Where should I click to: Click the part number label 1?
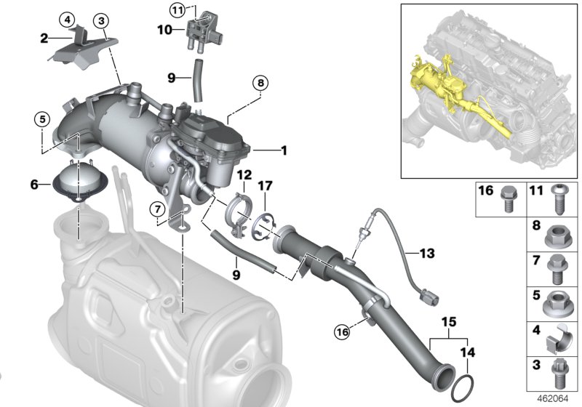284,151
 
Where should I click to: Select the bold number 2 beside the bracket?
44,38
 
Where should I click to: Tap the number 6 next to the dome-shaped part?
34,185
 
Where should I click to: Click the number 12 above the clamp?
242,175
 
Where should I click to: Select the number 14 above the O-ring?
468,353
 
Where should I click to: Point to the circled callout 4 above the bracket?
68,18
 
